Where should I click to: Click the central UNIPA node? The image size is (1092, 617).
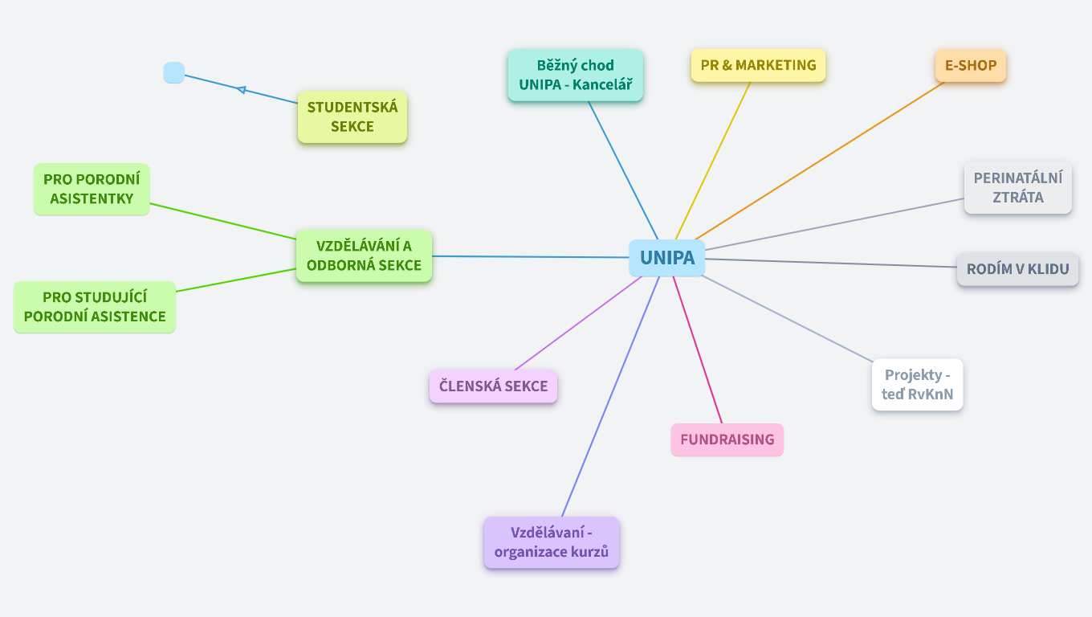pyautogui.click(x=666, y=258)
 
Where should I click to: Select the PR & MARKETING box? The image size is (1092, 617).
pyautogui.click(x=758, y=66)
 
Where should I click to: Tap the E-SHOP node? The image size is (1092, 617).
pyautogui.click(x=970, y=66)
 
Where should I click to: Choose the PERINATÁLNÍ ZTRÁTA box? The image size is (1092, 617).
pyautogui.click(x=1017, y=188)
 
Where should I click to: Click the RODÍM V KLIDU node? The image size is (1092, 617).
pyautogui.click(x=1017, y=269)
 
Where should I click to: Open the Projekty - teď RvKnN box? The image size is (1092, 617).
pyautogui.click(x=917, y=385)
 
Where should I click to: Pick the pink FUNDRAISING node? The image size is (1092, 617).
pyautogui.click(x=727, y=439)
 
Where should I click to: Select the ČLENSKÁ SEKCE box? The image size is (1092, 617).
pyautogui.click(x=493, y=386)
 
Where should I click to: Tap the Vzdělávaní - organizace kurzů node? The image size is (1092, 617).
pyautogui.click(x=551, y=542)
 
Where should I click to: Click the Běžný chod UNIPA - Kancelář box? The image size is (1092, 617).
pyautogui.click(x=575, y=76)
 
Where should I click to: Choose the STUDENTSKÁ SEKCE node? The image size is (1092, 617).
pyautogui.click(x=352, y=117)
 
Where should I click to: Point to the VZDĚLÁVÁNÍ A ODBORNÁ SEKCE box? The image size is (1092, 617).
pyautogui.click(x=364, y=255)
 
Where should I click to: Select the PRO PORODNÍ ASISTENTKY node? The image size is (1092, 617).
pyautogui.click(x=92, y=189)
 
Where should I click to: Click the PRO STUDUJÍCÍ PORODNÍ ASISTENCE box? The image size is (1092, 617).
pyautogui.click(x=95, y=307)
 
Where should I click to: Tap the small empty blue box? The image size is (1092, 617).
pyautogui.click(x=173, y=73)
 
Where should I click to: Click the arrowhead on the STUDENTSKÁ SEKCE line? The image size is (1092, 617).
pyautogui.click(x=241, y=89)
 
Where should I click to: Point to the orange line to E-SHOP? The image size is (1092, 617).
pyautogui.click(x=819, y=161)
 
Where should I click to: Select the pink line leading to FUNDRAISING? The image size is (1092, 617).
pyautogui.click(x=697, y=349)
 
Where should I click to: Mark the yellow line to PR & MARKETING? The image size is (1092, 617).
pyautogui.click(x=713, y=159)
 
